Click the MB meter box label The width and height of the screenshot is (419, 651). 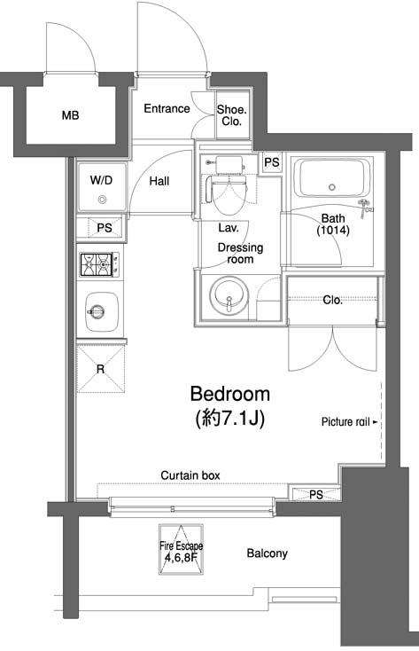[70, 115]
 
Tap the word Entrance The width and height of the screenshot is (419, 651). [167, 108]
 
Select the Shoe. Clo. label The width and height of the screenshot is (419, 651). [232, 115]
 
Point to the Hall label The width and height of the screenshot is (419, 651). [159, 181]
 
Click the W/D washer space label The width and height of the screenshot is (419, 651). [101, 180]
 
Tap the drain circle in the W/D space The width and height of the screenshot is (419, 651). [102, 200]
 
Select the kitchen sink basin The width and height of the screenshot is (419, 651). [102, 312]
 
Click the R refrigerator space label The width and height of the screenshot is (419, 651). [100, 369]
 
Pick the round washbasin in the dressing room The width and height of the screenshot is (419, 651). [229, 296]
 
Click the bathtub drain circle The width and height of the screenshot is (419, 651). [332, 187]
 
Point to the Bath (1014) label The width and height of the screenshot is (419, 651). [333, 224]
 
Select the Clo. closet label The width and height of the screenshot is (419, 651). [333, 300]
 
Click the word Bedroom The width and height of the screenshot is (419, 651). [229, 394]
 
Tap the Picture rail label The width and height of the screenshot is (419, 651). [345, 422]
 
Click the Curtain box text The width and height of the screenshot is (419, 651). [190, 475]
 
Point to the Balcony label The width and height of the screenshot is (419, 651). [267, 553]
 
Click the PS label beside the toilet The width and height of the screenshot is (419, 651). [272, 162]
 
